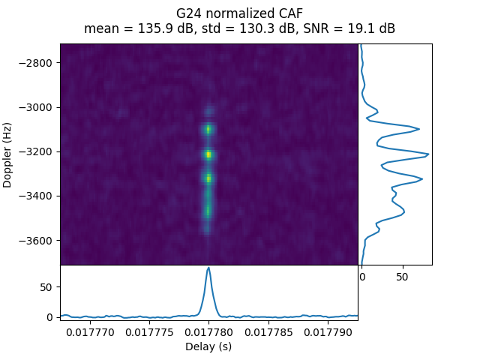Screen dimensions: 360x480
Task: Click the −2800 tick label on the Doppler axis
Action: click(37, 62)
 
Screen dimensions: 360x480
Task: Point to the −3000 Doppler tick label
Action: click(37, 107)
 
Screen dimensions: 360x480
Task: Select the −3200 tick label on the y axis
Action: click(37, 151)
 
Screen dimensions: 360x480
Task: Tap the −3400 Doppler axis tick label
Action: click(37, 196)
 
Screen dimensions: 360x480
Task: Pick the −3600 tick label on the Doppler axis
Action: click(37, 241)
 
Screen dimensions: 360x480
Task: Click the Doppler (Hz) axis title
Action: click(8, 154)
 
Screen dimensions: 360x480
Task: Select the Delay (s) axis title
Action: click(209, 346)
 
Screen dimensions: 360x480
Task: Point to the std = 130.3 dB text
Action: click(246, 28)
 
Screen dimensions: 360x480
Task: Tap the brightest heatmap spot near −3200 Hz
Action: click(208, 154)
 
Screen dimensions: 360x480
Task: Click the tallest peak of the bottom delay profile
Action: click(208, 268)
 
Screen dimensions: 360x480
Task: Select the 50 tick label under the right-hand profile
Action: click(402, 277)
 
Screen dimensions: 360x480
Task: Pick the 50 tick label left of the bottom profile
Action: click(45, 287)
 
